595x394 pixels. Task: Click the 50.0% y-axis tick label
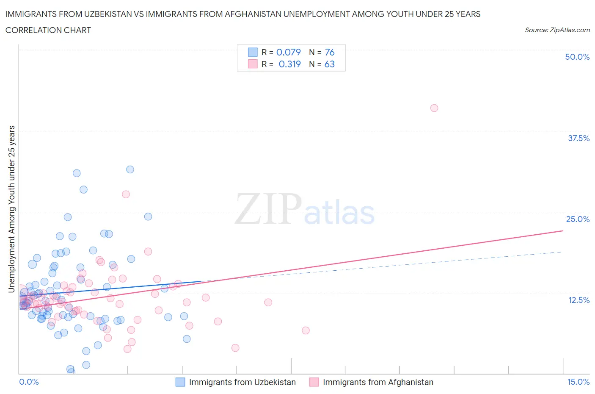pos(577,57)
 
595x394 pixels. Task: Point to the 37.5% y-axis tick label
pos(578,138)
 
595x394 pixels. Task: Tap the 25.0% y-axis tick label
pos(578,219)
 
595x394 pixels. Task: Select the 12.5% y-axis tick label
pos(578,300)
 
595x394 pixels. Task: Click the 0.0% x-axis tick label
pos(29,382)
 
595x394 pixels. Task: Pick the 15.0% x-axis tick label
pos(578,382)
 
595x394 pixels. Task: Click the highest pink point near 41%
pos(434,108)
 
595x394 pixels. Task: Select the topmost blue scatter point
pos(130,169)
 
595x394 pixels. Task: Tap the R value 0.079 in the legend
pos(288,52)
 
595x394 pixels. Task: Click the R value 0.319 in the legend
pos(289,64)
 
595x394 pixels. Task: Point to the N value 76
pos(330,52)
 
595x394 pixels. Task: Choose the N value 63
pos(329,64)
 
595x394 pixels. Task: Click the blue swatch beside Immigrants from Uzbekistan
pos(180,382)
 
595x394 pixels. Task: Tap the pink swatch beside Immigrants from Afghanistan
pos(314,382)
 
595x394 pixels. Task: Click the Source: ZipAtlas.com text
pos(557,30)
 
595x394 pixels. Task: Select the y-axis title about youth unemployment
pos(12,209)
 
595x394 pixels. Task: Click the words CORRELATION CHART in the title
pos(48,30)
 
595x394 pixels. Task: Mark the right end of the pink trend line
pos(563,230)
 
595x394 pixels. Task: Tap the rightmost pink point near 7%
pos(306,330)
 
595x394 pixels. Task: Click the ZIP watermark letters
pos(268,209)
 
